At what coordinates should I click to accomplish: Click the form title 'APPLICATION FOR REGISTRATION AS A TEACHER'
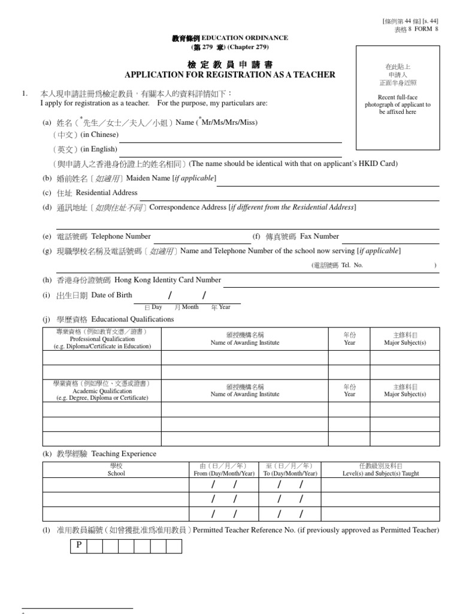click(x=229, y=75)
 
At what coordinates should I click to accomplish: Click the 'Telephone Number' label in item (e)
click(x=120, y=236)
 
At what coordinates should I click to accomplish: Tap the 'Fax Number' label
click(x=319, y=236)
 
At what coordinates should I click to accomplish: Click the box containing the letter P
click(x=78, y=546)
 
